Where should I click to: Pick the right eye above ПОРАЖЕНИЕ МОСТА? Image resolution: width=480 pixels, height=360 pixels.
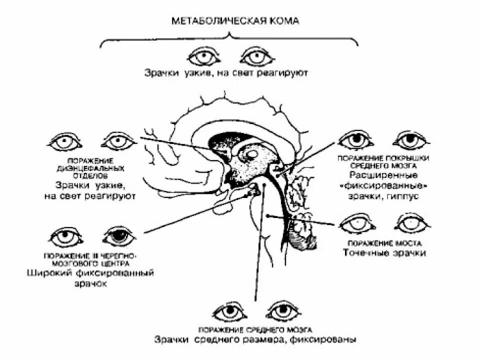412,222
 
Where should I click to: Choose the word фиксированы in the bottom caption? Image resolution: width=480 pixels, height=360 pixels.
329,340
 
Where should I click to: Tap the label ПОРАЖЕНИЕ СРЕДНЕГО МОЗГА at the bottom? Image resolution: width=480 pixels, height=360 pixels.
255,330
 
